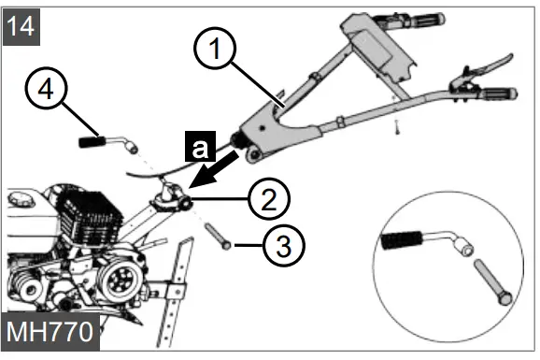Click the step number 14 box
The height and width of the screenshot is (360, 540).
pyautogui.click(x=21, y=23)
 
